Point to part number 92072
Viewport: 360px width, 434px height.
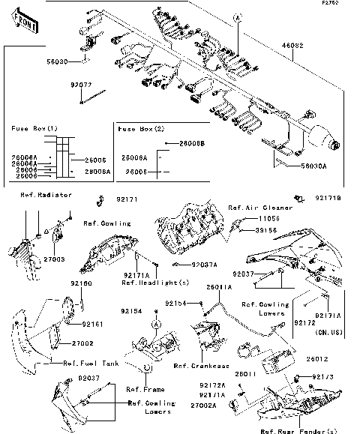[x=82, y=86]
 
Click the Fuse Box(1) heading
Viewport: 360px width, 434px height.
[x=34, y=129]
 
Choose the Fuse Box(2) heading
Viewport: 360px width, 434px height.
[x=141, y=129]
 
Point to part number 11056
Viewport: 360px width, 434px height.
[x=268, y=217]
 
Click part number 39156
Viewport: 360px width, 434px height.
[x=268, y=229]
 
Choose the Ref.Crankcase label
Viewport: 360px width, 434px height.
[x=198, y=366]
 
